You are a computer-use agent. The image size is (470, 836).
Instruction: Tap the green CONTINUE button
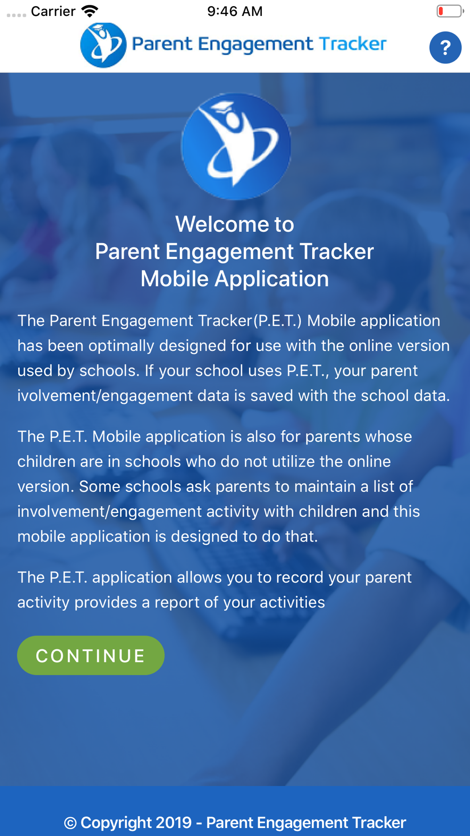[x=91, y=655]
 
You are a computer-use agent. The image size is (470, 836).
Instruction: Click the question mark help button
[x=445, y=47]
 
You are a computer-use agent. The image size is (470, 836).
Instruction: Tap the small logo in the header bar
[x=103, y=45]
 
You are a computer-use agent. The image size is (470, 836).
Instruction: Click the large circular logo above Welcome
[x=236, y=146]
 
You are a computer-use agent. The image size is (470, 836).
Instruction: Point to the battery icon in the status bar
[x=449, y=11]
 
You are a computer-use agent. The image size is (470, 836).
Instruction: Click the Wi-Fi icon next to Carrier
[x=90, y=11]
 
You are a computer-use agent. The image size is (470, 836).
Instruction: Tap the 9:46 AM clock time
[x=235, y=11]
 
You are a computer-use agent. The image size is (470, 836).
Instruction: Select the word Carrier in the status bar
[x=53, y=11]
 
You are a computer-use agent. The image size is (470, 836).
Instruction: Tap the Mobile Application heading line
[x=235, y=279]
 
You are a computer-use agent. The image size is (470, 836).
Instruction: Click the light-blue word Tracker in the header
[x=352, y=44]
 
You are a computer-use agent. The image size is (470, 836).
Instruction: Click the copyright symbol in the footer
[x=70, y=823]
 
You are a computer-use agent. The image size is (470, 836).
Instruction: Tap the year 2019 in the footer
[x=173, y=823]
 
